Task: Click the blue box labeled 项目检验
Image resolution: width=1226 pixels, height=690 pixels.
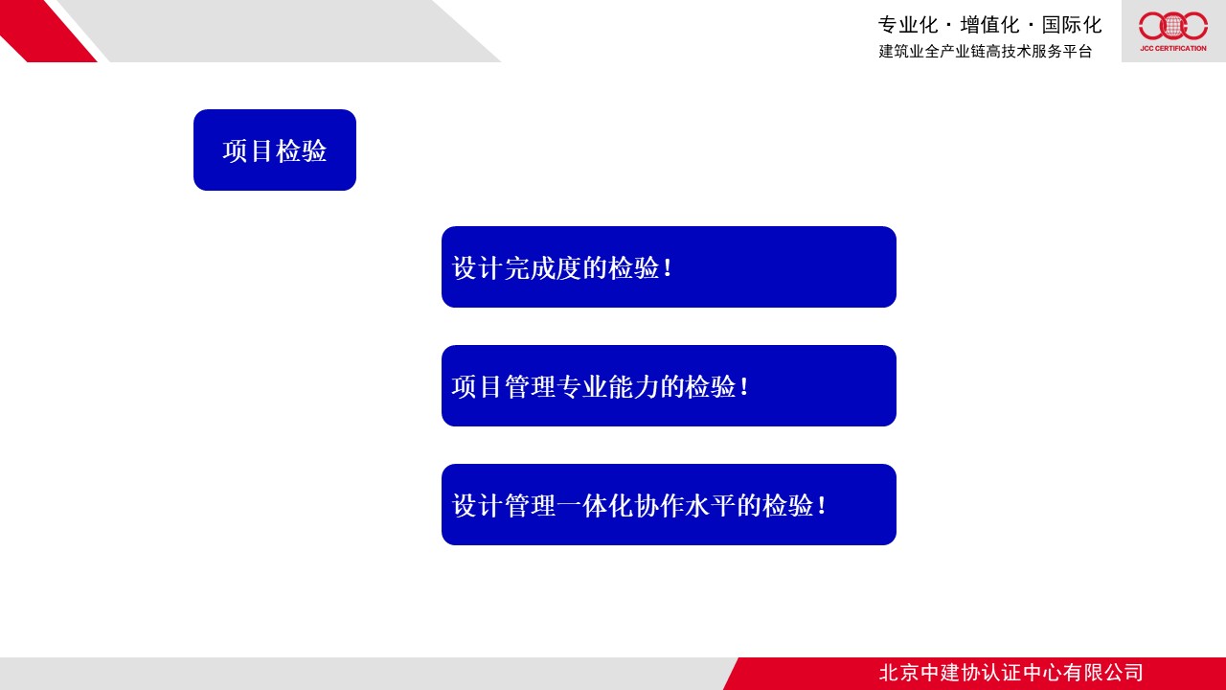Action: pyautogui.click(x=275, y=150)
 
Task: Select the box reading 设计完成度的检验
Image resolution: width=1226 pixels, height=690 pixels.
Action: pyautogui.click(x=669, y=266)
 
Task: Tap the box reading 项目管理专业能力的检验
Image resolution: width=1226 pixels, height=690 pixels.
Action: pyautogui.click(x=669, y=385)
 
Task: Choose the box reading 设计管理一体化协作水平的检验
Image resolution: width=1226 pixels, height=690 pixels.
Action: pyautogui.click(x=669, y=504)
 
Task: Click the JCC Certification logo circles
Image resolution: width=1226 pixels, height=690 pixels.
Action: pyautogui.click(x=1173, y=26)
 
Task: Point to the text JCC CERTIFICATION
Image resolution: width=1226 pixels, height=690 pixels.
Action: pyautogui.click(x=1173, y=48)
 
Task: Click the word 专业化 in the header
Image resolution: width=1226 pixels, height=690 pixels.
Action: pyautogui.click(x=908, y=25)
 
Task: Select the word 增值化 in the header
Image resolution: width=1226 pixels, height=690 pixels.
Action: pyautogui.click(x=989, y=25)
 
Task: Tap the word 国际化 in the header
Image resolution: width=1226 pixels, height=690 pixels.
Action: pyautogui.click(x=1072, y=25)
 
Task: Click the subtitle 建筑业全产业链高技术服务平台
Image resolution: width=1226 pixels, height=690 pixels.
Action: pyautogui.click(x=986, y=51)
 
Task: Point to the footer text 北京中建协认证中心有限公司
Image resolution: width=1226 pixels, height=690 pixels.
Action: pyautogui.click(x=1010, y=673)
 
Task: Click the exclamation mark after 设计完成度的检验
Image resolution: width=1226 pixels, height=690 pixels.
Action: pyautogui.click(x=668, y=267)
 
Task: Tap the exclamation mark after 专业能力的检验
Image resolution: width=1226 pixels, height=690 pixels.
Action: pyautogui.click(x=744, y=386)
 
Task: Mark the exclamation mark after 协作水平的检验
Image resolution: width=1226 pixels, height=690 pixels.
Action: pyautogui.click(x=822, y=505)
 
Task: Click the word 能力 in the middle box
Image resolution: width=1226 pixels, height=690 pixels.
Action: pyautogui.click(x=634, y=386)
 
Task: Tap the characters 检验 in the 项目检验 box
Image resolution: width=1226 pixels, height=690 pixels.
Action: pyautogui.click(x=302, y=150)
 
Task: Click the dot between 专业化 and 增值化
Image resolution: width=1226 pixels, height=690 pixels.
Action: pyautogui.click(x=949, y=26)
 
